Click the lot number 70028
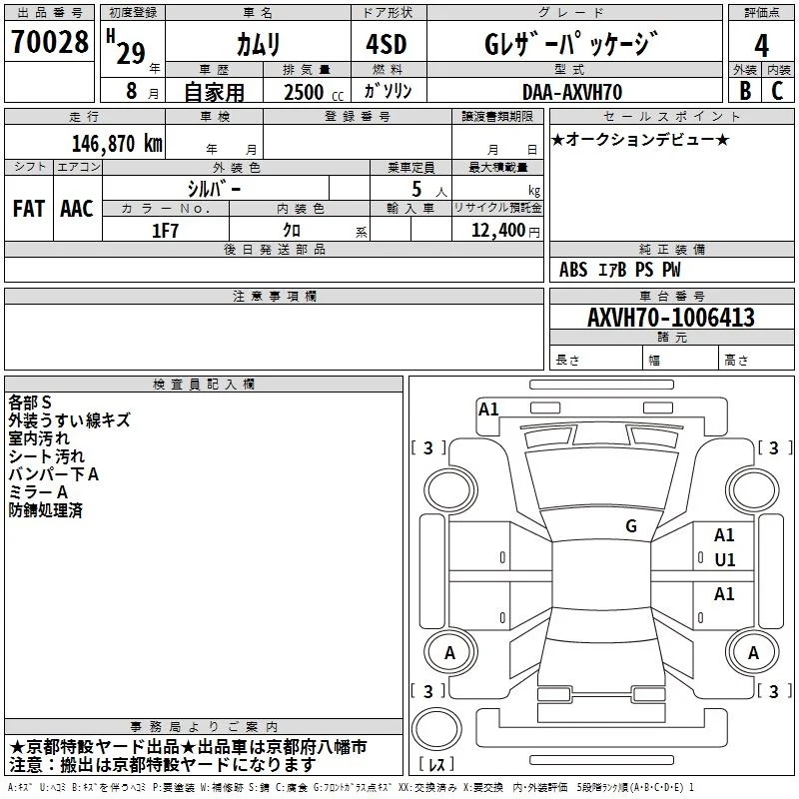(x=49, y=42)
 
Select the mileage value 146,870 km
(x=117, y=144)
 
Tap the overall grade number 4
(x=761, y=45)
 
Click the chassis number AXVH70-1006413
(x=671, y=318)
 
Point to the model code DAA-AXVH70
(x=572, y=92)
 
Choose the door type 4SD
(x=387, y=44)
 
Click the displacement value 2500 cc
(x=314, y=92)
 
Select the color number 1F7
(x=165, y=231)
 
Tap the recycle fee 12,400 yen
(x=505, y=231)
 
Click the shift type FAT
(x=29, y=209)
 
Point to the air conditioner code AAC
(x=77, y=209)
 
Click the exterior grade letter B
(x=745, y=91)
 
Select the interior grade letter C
(x=777, y=91)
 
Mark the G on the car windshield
(x=631, y=526)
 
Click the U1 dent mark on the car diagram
(x=725, y=560)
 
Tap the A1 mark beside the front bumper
(x=488, y=409)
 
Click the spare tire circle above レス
(x=436, y=729)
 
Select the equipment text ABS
(x=573, y=270)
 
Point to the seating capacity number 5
(x=416, y=189)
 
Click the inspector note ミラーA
(x=38, y=492)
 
